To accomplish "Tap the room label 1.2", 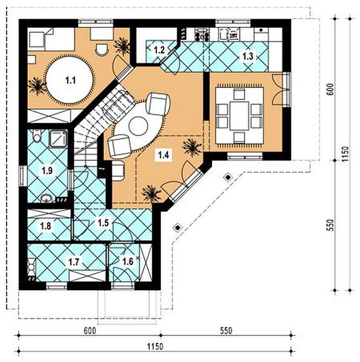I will (159, 51).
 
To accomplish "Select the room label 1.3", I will (248, 56).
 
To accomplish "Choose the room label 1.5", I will (103, 223).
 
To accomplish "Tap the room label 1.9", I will (46, 171).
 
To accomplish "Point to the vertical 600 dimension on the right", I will (330, 89).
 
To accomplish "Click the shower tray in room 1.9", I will (59, 139).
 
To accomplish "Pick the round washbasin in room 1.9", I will (47, 197).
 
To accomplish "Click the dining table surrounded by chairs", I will (239, 115).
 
